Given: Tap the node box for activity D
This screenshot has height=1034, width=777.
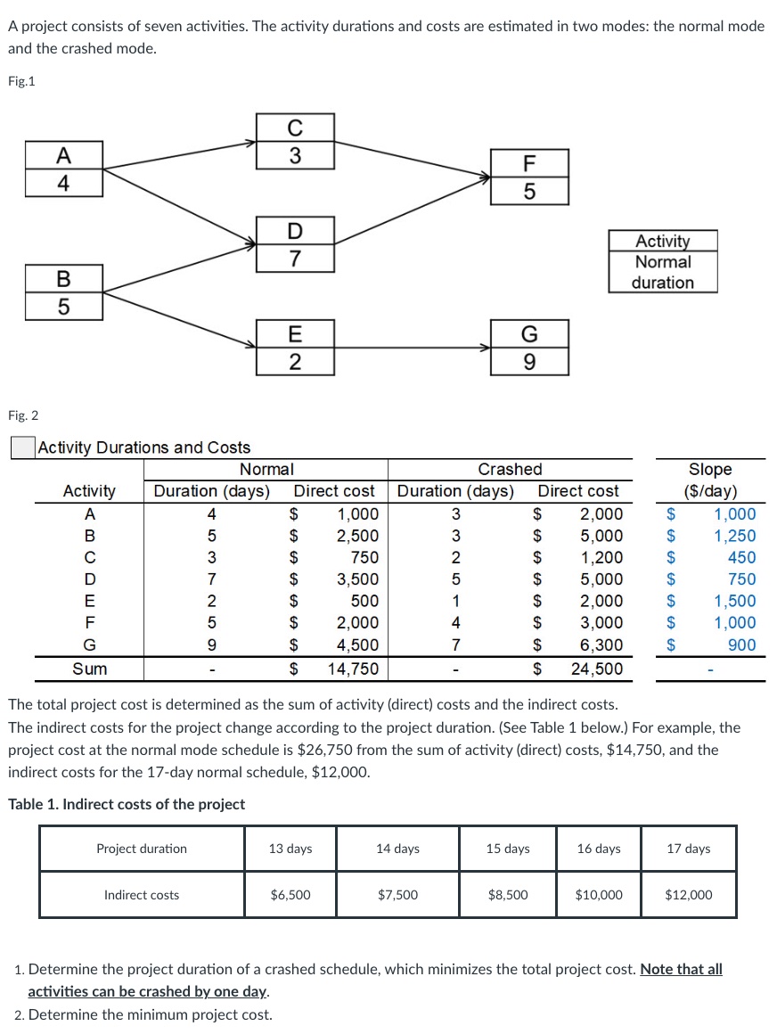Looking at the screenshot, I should [x=296, y=244].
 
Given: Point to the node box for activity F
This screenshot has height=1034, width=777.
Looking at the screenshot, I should [x=529, y=177].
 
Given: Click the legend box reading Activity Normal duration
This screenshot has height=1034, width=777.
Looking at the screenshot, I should [x=663, y=261].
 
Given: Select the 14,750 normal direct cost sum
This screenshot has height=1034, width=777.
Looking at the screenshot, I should [x=354, y=669].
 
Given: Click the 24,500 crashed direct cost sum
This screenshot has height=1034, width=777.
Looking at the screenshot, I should [x=597, y=669].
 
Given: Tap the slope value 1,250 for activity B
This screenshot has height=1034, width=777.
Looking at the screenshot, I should [x=734, y=536].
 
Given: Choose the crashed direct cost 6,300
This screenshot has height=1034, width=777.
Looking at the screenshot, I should [x=602, y=645].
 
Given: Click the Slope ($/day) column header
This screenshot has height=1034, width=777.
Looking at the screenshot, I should [x=709, y=480].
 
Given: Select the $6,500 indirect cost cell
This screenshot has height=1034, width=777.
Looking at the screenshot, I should [x=290, y=895].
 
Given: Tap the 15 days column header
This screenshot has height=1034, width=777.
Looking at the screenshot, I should [x=508, y=849].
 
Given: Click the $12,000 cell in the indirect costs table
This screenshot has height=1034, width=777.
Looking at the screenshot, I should [x=688, y=895].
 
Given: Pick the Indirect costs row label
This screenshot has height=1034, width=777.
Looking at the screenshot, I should [x=142, y=895].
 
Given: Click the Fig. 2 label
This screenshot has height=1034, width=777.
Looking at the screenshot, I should [x=23, y=415].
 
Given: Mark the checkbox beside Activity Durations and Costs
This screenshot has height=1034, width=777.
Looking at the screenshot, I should [x=21, y=447].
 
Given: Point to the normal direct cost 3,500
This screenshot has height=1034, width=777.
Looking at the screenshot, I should [x=356, y=579].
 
